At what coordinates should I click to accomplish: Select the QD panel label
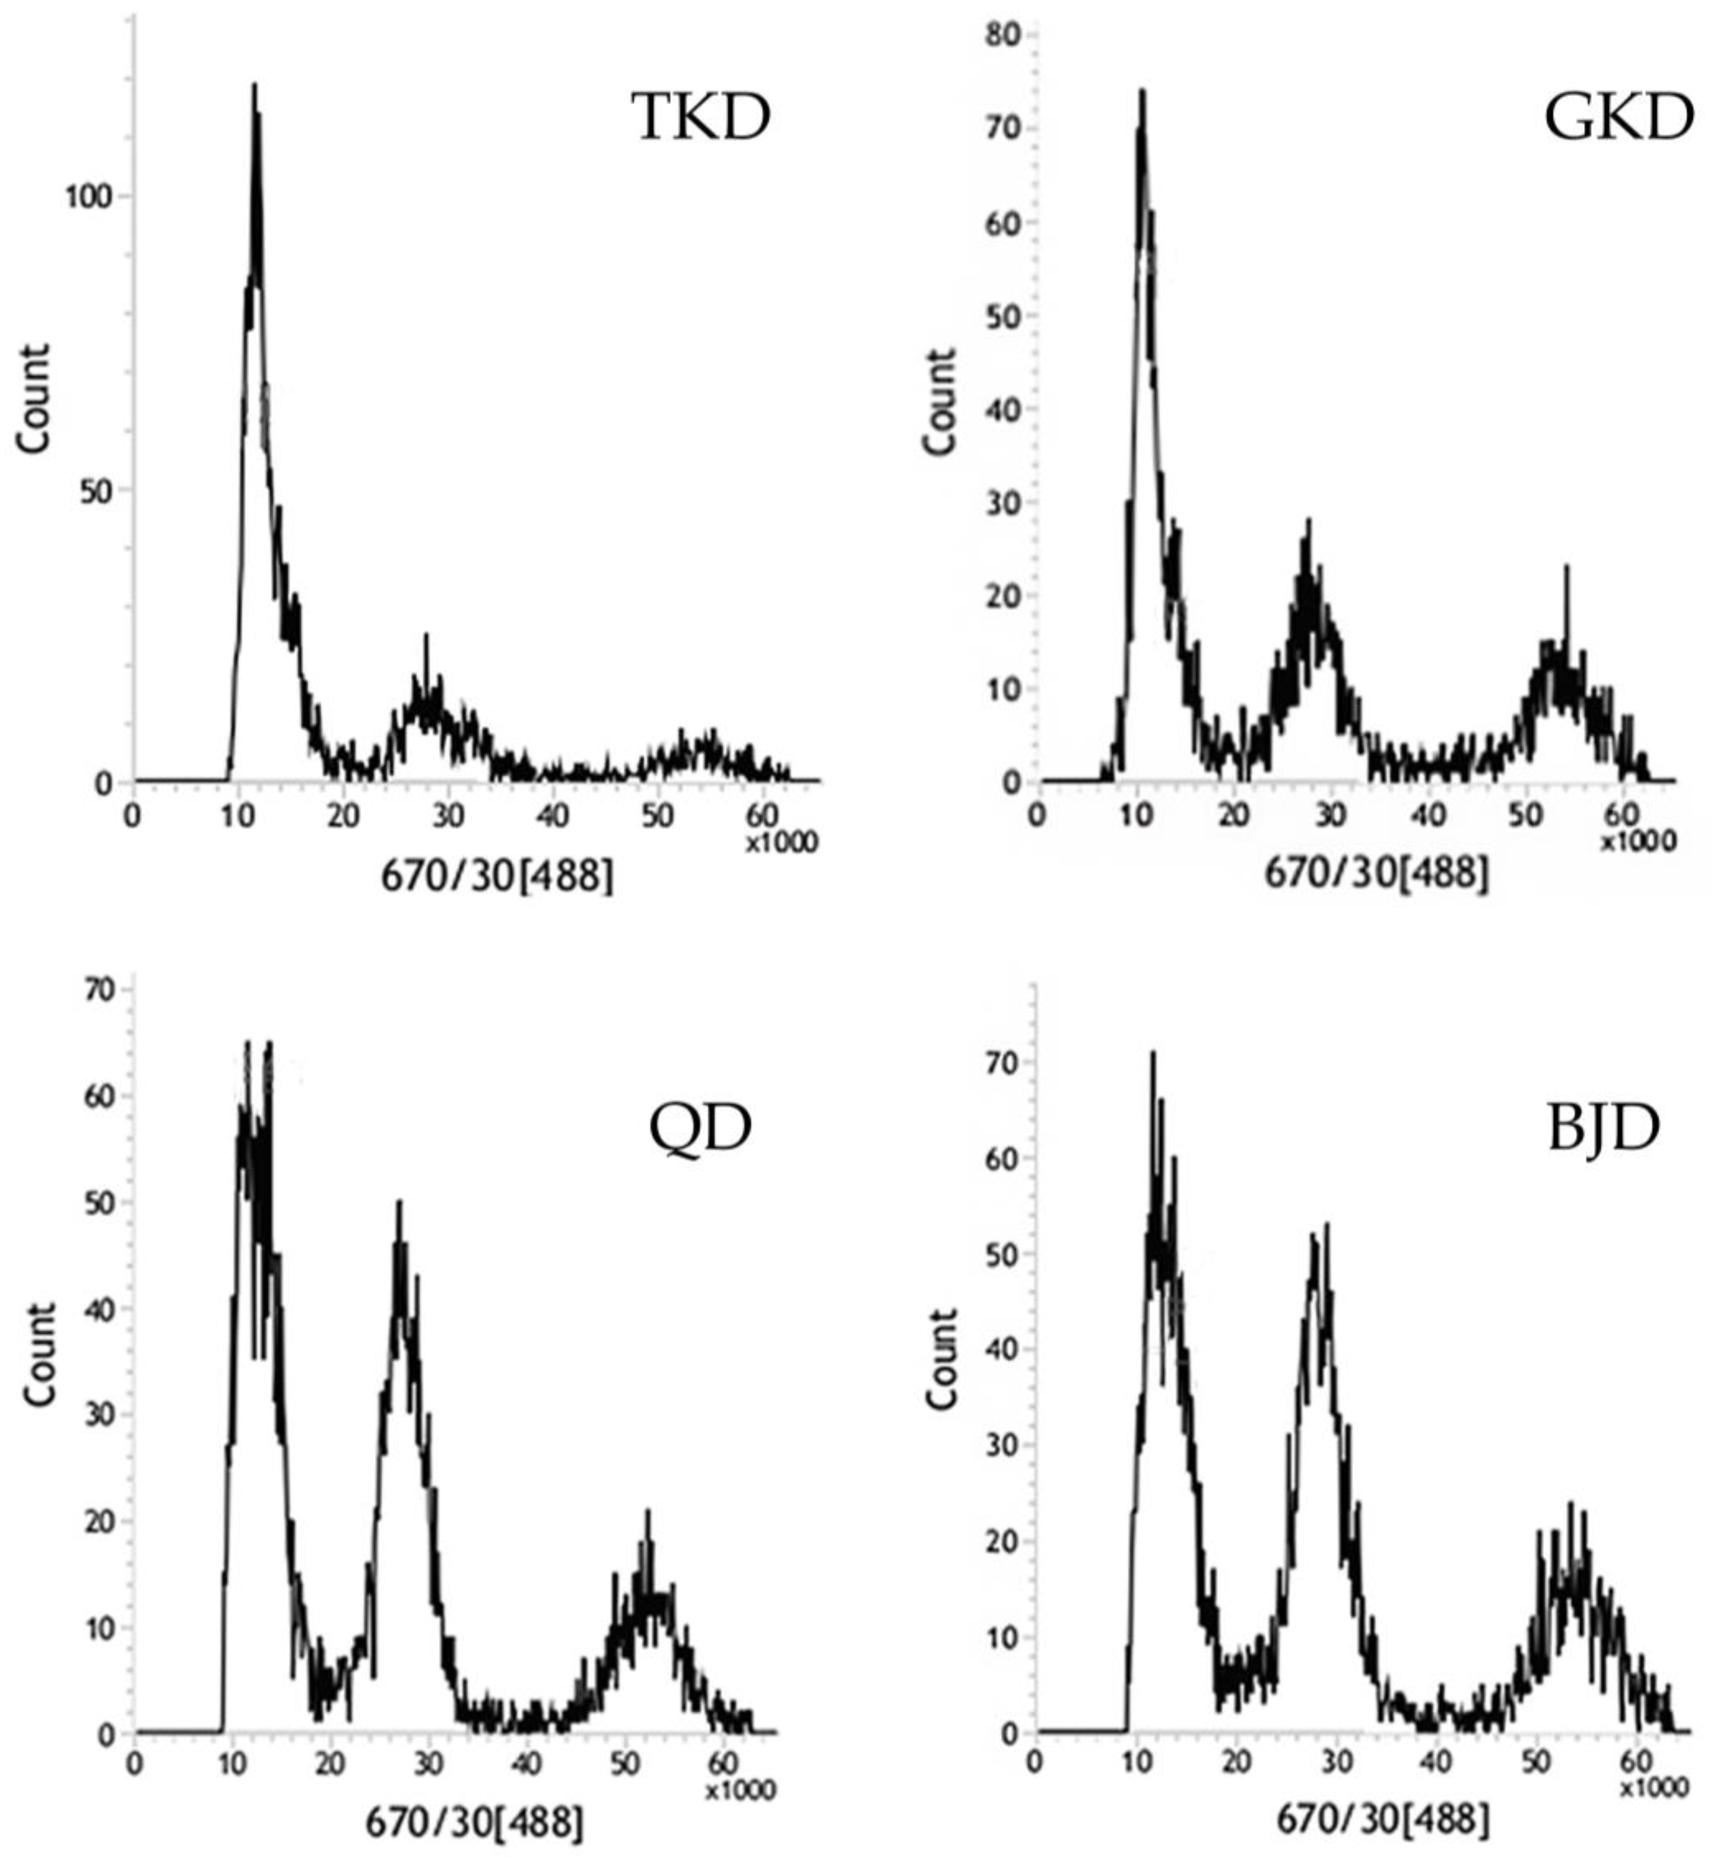coord(700,1127)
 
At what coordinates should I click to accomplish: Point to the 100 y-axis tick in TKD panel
coord(87,196)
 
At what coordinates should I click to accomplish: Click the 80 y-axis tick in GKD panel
coord(1003,35)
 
